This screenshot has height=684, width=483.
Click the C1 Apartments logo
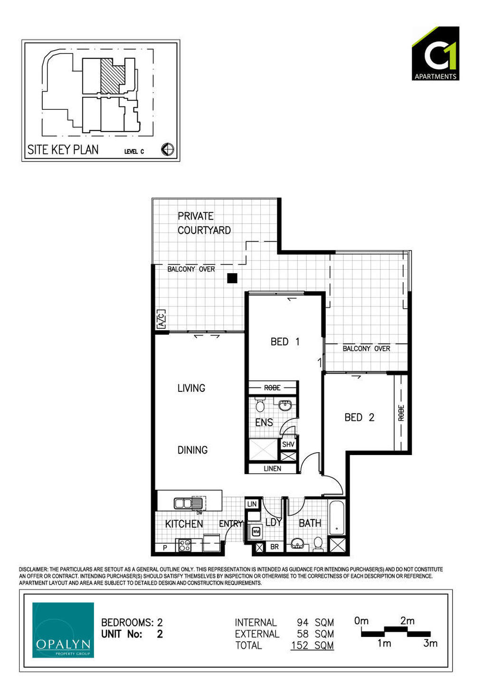coord(436,53)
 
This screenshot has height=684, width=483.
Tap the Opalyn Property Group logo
coord(63,630)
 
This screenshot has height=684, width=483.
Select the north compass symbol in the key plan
coord(168,150)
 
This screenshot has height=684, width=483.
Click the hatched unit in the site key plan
coord(112,76)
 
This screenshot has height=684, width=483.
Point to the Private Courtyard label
coord(204,223)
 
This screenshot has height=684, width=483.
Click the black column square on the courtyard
coord(232,278)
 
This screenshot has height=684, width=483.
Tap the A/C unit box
coord(162,319)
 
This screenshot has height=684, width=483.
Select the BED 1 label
coord(284,342)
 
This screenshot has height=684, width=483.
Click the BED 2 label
coord(359,417)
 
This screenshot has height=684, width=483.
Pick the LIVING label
coord(191,388)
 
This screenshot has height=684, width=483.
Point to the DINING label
coord(192,450)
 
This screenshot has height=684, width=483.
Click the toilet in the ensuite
coord(260,405)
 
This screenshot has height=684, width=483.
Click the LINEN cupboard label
coord(272,469)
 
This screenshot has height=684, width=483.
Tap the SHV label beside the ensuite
coord(288,444)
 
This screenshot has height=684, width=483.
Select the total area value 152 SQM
coord(313,646)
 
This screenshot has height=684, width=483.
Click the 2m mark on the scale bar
coord(407,621)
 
